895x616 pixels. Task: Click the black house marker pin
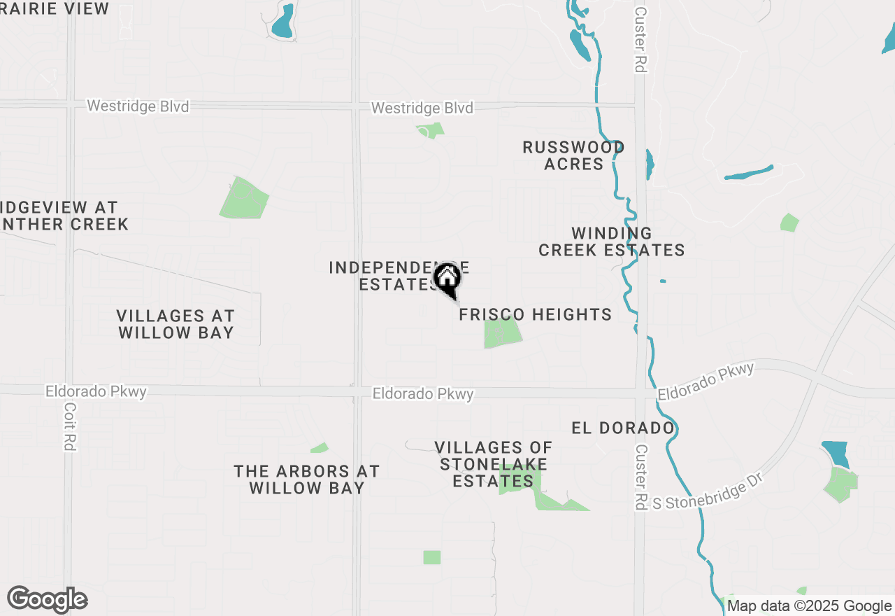tap(447, 278)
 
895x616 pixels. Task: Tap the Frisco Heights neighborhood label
tap(535, 315)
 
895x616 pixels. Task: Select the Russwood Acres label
tap(573, 155)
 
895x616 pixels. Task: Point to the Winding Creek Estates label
tap(611, 241)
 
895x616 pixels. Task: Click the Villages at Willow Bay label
tap(176, 324)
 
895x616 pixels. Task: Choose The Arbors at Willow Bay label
tap(306, 479)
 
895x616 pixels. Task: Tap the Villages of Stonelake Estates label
tap(493, 464)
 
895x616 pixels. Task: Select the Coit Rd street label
tap(69, 426)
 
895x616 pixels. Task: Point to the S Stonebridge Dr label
tap(706, 492)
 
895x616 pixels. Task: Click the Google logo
tap(47, 600)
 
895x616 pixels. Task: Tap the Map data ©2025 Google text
tap(809, 606)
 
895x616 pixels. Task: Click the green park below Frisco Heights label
tap(503, 332)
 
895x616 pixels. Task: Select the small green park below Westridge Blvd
tap(431, 130)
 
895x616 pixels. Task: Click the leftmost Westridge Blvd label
tap(138, 106)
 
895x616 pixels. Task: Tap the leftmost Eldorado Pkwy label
tap(96, 391)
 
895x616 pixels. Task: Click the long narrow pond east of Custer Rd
tap(749, 172)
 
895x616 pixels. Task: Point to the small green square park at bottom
tap(432, 557)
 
